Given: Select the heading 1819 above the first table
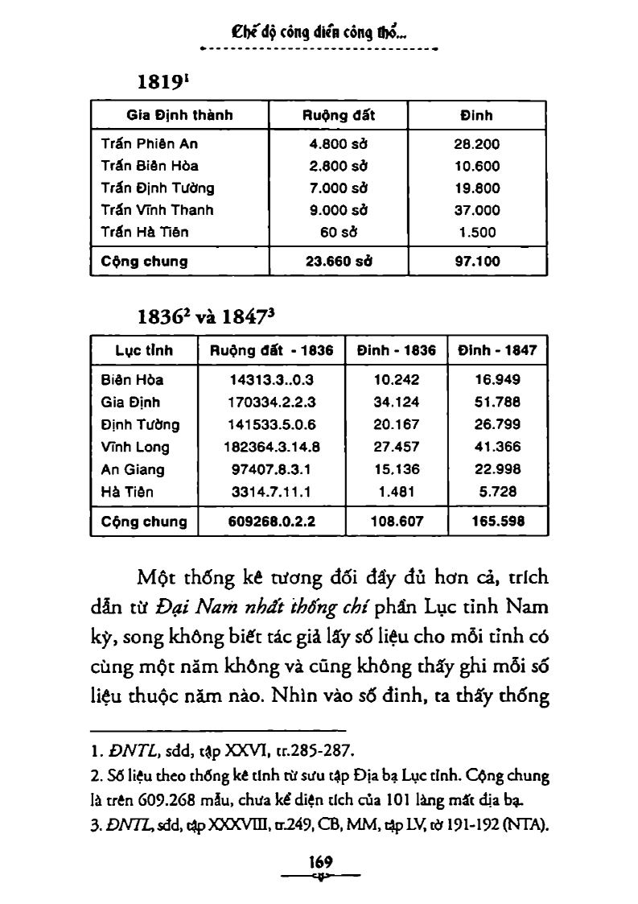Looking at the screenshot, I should pos(164,83).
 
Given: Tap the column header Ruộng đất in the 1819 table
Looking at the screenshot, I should pos(338,115).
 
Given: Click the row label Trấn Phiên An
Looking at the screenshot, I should pos(150,144).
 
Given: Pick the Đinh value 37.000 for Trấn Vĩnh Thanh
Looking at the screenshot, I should pos(477,210).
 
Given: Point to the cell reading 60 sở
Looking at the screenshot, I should pos(338,232).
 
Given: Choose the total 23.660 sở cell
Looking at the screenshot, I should pos(338,261).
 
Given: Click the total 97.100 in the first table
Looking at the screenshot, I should pos(477,261).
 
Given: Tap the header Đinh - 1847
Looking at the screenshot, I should pos(497,350).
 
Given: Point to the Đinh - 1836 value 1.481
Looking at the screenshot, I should pos(396,491).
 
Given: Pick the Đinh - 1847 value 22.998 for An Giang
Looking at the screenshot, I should pos(497,469).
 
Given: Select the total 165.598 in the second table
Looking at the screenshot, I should pos(497,521).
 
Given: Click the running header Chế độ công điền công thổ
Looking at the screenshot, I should pos(319,33).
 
